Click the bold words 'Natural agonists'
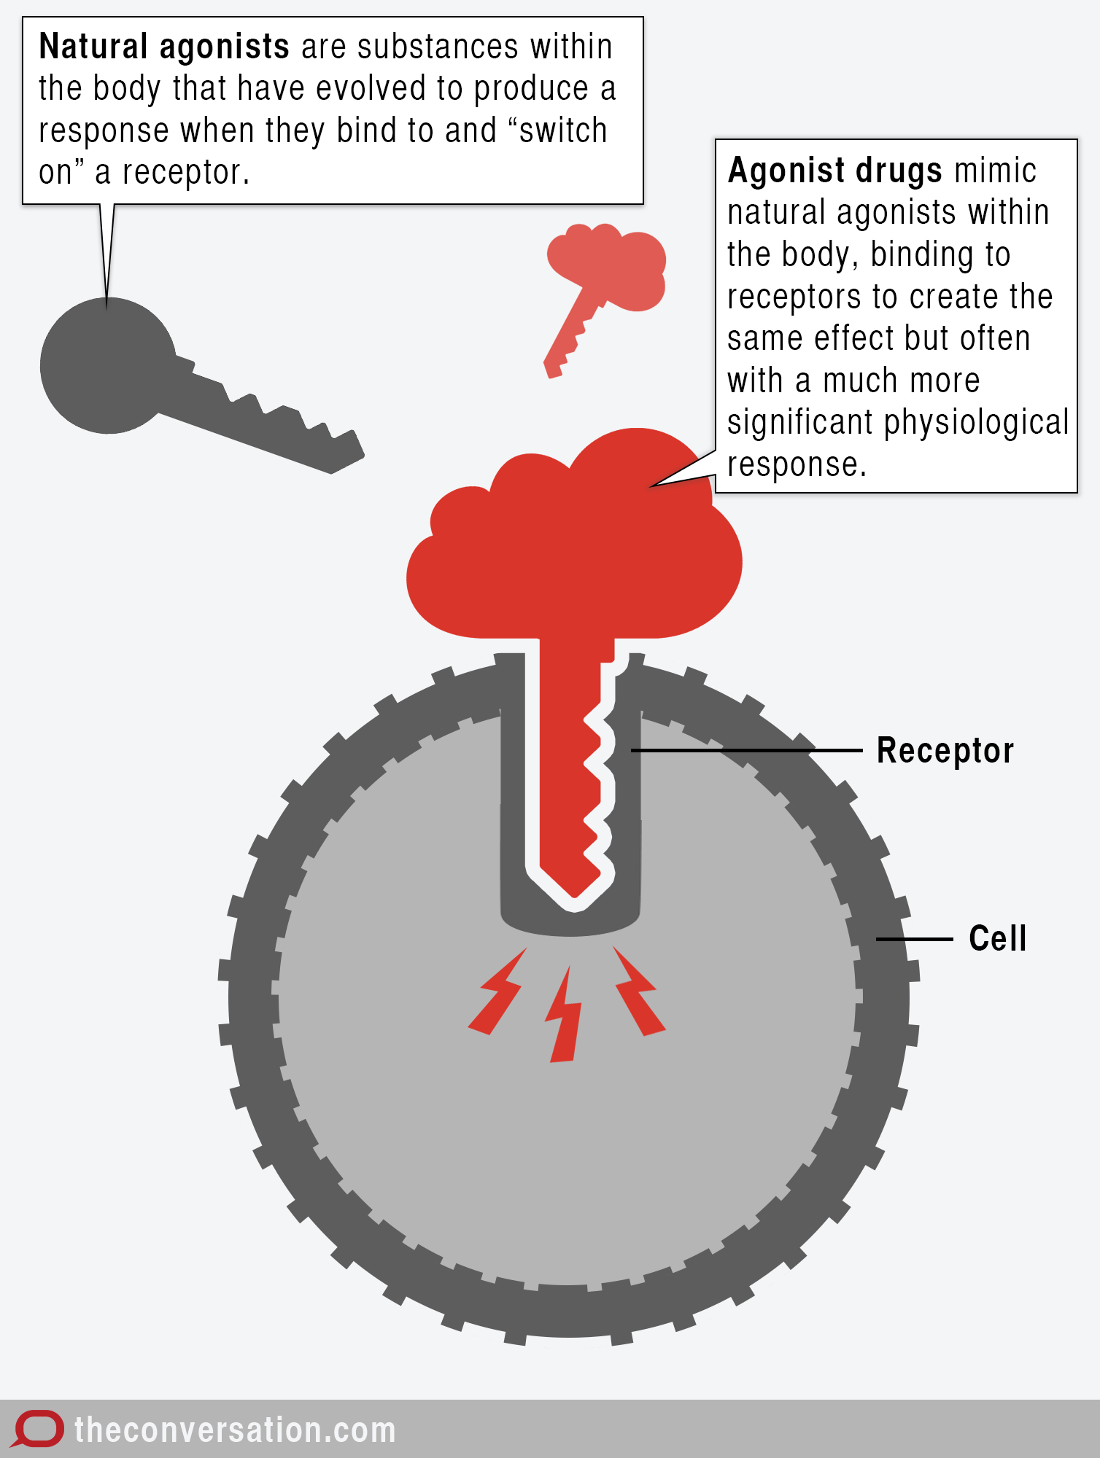[x=164, y=47]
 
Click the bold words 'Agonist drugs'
[x=835, y=171]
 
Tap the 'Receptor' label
[x=945, y=751]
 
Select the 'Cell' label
[x=997, y=939]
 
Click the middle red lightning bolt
[x=565, y=1017]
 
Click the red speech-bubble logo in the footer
[x=38, y=1429]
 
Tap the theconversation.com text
[x=235, y=1430]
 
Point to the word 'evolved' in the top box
[x=371, y=89]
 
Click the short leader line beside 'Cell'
[x=914, y=939]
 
